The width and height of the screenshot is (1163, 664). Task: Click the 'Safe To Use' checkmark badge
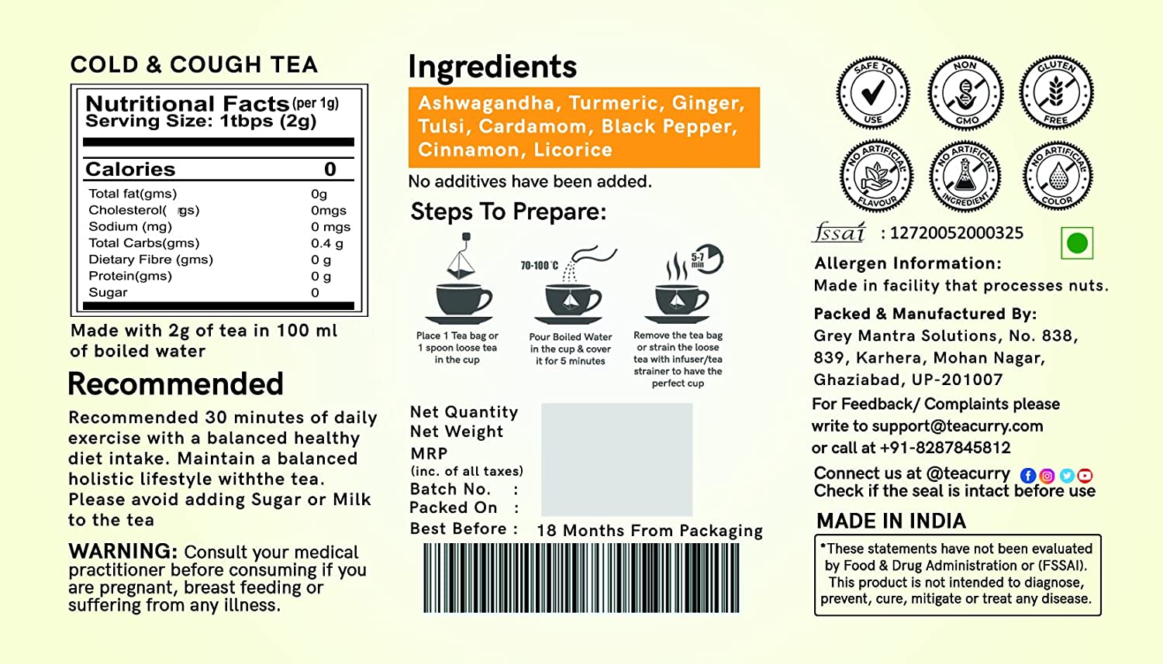(x=873, y=93)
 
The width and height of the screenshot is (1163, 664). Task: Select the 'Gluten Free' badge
(x=1056, y=93)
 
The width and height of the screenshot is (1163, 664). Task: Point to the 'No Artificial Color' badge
(x=1058, y=176)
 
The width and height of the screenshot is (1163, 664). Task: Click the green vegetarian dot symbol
(x=1077, y=243)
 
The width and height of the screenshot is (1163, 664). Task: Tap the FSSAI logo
(x=839, y=232)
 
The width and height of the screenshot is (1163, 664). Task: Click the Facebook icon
(x=1027, y=476)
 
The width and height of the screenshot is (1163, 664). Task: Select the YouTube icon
(x=1085, y=476)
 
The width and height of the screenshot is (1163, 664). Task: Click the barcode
(x=581, y=578)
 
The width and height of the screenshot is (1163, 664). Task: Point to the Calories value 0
(x=330, y=169)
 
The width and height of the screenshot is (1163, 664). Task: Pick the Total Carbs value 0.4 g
(x=327, y=243)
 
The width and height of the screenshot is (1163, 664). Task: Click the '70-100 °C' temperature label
(x=540, y=266)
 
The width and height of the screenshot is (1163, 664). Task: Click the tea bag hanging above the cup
(x=461, y=256)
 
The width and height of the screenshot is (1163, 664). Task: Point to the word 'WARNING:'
(x=123, y=551)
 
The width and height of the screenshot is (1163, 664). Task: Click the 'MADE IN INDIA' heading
(x=891, y=521)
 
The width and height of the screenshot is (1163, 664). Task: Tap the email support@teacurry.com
(x=958, y=426)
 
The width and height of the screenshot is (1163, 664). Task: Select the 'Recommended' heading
(x=175, y=384)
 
